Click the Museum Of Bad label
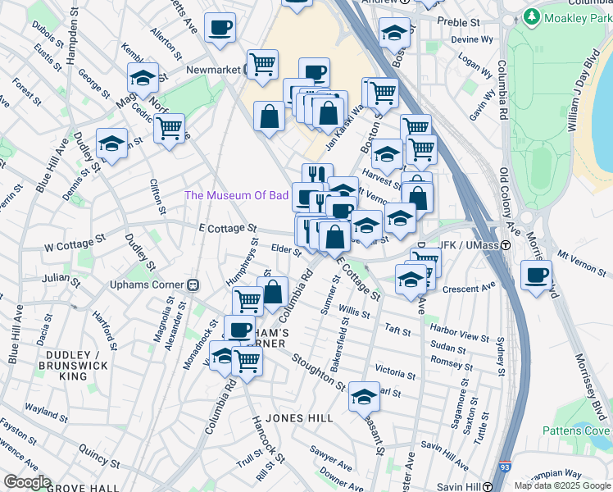click(236, 195)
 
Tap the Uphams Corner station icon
click(194, 285)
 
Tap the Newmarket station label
click(214, 70)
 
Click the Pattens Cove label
click(576, 430)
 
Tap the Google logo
click(27, 482)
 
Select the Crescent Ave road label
click(470, 289)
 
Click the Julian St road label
click(62, 279)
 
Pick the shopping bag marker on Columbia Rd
click(272, 291)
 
